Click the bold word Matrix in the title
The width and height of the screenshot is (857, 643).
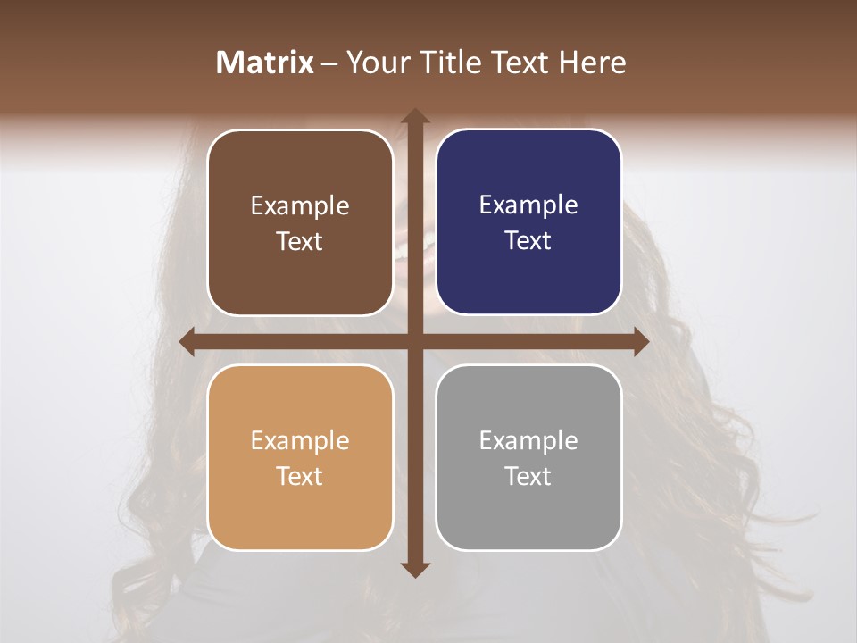(x=265, y=63)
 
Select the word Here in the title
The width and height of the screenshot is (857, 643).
(x=592, y=63)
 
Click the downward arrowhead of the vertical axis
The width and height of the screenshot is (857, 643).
(x=415, y=569)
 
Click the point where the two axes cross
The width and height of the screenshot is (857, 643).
(x=415, y=342)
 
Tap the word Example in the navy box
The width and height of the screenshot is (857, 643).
(x=528, y=205)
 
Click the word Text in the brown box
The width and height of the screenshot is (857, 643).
(x=300, y=242)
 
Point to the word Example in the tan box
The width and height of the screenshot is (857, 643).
(x=300, y=441)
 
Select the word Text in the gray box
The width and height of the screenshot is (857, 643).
(x=528, y=477)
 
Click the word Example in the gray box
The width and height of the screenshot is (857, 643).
(x=528, y=441)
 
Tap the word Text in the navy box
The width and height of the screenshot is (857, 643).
(x=528, y=241)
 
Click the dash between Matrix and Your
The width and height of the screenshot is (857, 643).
(x=329, y=63)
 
